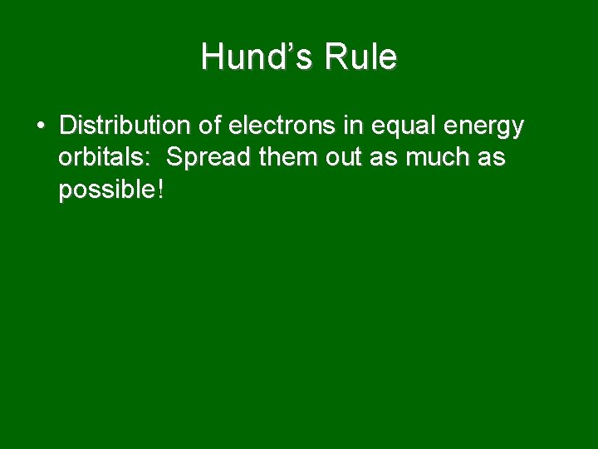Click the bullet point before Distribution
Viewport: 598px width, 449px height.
click(x=40, y=126)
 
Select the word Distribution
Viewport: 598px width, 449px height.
click(x=125, y=126)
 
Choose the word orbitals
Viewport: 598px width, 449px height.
click(x=103, y=158)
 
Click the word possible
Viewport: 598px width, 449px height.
click(x=105, y=191)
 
